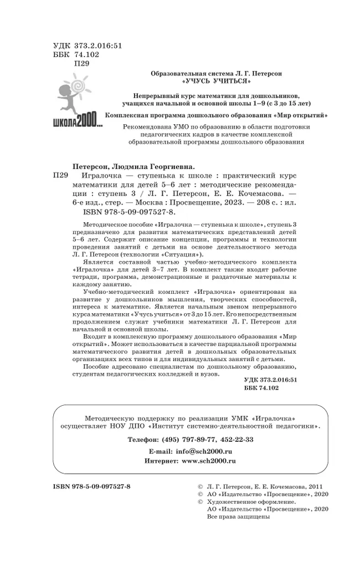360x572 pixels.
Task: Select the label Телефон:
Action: [x=143, y=438]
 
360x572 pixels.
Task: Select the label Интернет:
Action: [x=161, y=461]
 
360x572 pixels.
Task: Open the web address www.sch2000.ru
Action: [x=209, y=461]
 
